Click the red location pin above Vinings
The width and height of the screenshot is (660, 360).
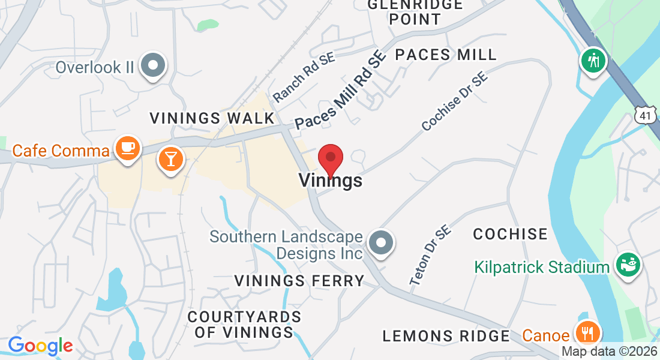[x=330, y=158]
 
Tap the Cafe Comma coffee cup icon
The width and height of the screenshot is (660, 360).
[x=127, y=148]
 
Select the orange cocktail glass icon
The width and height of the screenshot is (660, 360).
[x=170, y=160]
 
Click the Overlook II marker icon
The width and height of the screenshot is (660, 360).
[x=152, y=65]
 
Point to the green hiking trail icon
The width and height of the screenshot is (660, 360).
[x=593, y=61]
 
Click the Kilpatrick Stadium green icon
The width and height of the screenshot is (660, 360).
[x=628, y=265]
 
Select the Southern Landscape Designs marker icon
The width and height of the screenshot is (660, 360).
[x=380, y=244]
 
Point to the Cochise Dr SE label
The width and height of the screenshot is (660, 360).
[x=454, y=102]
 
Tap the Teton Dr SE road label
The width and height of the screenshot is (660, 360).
[x=430, y=259]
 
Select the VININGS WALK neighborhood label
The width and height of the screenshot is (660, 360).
[x=212, y=118]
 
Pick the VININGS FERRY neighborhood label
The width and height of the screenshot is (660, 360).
[x=299, y=280]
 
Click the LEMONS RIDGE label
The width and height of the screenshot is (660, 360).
[x=446, y=336]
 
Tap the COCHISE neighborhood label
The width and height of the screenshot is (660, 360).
[x=510, y=234]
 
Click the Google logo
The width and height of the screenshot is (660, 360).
[x=40, y=346]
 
